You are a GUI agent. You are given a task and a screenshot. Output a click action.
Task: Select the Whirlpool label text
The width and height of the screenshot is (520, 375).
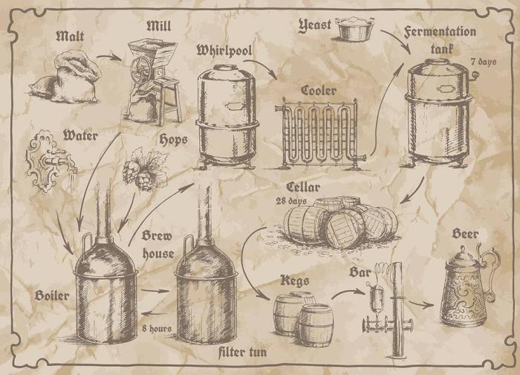(x=225, y=50)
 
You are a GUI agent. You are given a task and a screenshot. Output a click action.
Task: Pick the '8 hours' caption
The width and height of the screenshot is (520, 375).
(x=157, y=327)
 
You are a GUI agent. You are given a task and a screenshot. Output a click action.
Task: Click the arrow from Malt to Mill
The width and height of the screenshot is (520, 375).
(x=109, y=57)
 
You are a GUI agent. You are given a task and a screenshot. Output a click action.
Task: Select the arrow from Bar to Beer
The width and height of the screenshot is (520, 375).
(x=420, y=304)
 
